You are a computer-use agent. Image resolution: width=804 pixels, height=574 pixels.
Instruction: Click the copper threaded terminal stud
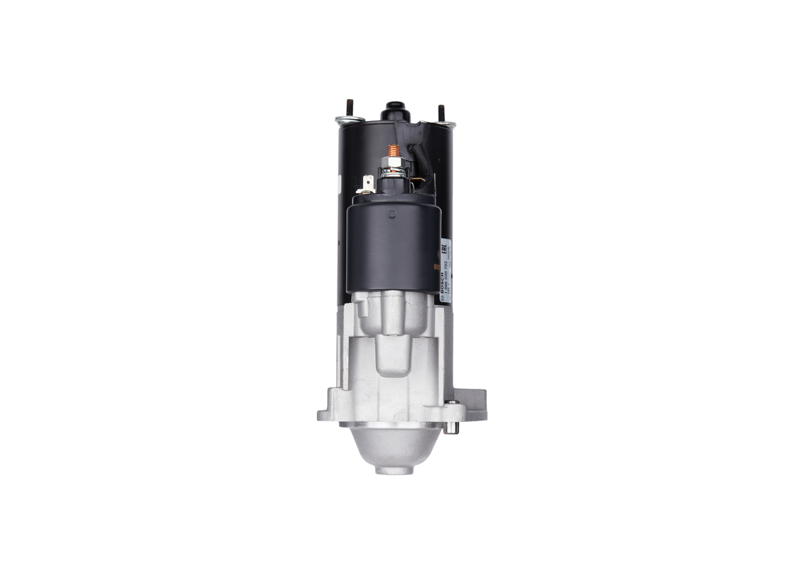(394, 151)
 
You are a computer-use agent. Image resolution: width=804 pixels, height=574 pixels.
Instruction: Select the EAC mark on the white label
(444, 247)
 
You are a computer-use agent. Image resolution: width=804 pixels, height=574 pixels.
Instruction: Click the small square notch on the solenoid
(392, 214)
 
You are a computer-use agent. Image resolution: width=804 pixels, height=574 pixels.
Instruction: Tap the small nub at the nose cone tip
(394, 470)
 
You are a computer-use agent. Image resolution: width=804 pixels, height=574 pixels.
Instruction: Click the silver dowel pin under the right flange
(450, 428)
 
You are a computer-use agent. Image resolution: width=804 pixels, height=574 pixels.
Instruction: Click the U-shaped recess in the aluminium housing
(393, 355)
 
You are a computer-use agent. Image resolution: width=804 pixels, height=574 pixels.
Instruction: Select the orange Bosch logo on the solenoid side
(437, 266)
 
